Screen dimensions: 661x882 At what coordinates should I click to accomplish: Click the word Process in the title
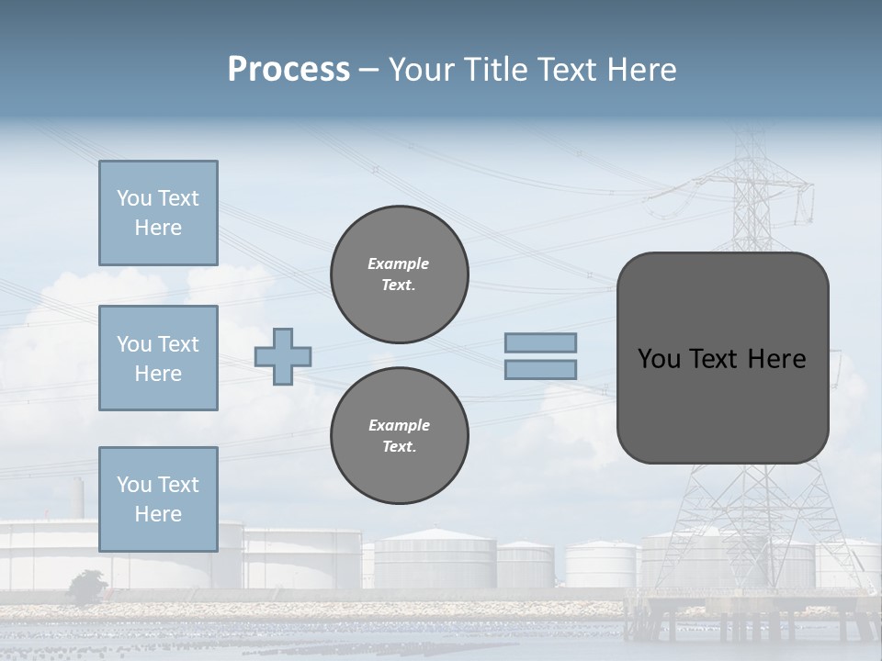click(x=288, y=70)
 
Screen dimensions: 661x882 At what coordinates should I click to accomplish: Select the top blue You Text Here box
click(x=158, y=213)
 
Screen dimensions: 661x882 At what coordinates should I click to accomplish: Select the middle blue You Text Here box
click(x=158, y=358)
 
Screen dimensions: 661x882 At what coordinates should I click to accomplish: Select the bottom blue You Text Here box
click(x=158, y=499)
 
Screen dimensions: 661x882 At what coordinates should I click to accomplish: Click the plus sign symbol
click(x=283, y=356)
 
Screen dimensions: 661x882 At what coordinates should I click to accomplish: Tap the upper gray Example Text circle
click(x=400, y=274)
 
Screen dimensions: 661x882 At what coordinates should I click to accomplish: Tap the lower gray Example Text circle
click(x=400, y=436)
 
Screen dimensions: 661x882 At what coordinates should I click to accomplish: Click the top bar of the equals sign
click(x=541, y=343)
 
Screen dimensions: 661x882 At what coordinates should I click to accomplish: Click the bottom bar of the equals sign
click(x=541, y=369)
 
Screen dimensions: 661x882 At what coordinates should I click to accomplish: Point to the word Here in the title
click(x=640, y=70)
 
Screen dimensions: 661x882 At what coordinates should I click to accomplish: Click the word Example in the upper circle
click(x=398, y=263)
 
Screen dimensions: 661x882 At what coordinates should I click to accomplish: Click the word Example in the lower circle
click(x=399, y=425)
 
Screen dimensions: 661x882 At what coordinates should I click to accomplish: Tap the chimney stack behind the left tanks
click(x=79, y=498)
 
